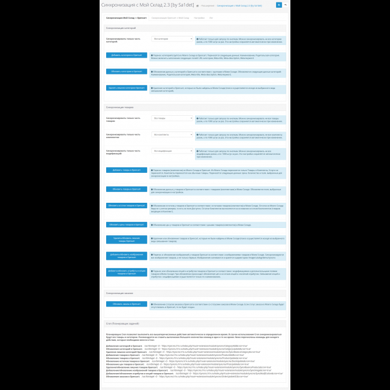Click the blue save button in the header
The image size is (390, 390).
pos(278,5)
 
